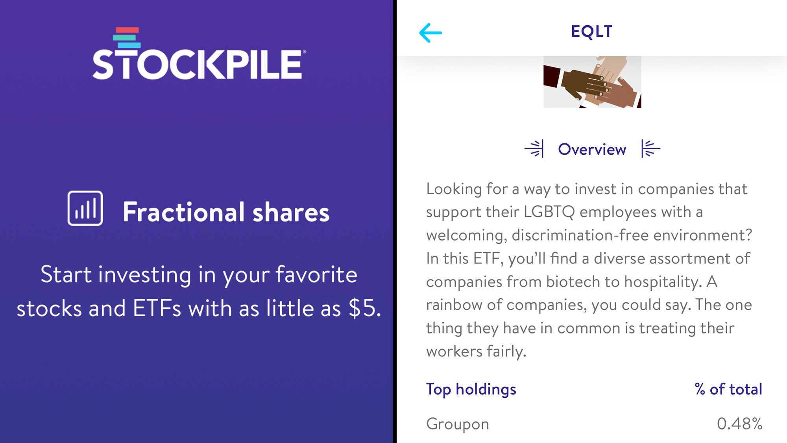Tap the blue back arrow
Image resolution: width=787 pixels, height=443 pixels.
point(430,33)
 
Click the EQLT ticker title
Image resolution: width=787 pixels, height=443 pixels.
point(591,32)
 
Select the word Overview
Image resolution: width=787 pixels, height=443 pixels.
point(592,150)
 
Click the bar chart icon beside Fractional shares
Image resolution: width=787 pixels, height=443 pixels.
point(85,208)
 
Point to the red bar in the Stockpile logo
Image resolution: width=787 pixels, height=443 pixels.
point(127,30)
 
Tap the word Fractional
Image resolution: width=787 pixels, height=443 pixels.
point(184,212)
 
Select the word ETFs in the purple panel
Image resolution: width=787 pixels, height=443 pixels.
point(157,308)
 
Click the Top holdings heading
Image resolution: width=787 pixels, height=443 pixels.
point(471,389)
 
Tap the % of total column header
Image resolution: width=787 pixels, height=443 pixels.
point(728,389)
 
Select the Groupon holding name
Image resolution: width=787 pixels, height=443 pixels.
point(458,424)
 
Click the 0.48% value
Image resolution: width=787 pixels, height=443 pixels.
point(739,424)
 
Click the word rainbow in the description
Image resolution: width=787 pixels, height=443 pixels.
point(454,305)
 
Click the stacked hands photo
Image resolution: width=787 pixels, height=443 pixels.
point(592,82)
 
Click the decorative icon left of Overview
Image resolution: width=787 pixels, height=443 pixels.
point(534,148)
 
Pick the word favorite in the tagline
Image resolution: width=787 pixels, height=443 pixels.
point(316,274)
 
